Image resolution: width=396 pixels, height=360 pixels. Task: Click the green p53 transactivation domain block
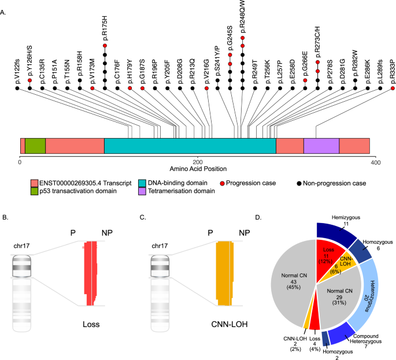click(35, 146)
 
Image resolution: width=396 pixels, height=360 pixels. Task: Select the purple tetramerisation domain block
click(321, 146)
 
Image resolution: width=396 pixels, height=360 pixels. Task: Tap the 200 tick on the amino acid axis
click(198, 160)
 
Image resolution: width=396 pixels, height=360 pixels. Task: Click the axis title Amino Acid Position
click(198, 168)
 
